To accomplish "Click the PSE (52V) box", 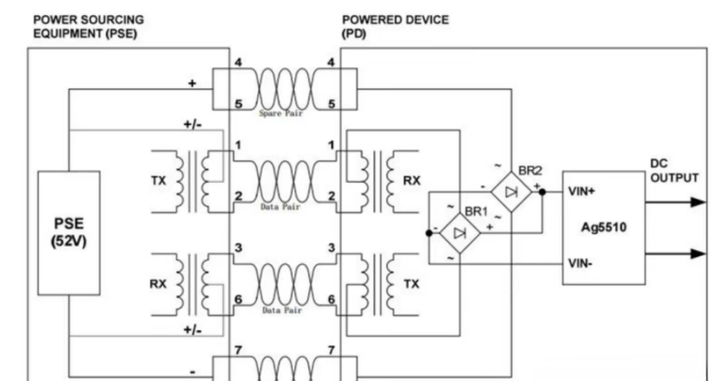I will (69, 233).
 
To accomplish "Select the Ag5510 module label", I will (603, 227).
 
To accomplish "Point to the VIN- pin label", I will (580, 264).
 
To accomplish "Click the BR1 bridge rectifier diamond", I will (460, 233).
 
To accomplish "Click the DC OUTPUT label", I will (673, 171).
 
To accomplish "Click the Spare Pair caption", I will (281, 113).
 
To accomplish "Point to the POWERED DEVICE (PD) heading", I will (395, 27).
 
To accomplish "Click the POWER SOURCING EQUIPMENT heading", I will (88, 27).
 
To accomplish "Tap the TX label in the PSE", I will (158, 181).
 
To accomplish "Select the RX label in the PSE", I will (158, 284).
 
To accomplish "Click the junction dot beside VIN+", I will (542, 192).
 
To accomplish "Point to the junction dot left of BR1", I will (429, 233).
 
